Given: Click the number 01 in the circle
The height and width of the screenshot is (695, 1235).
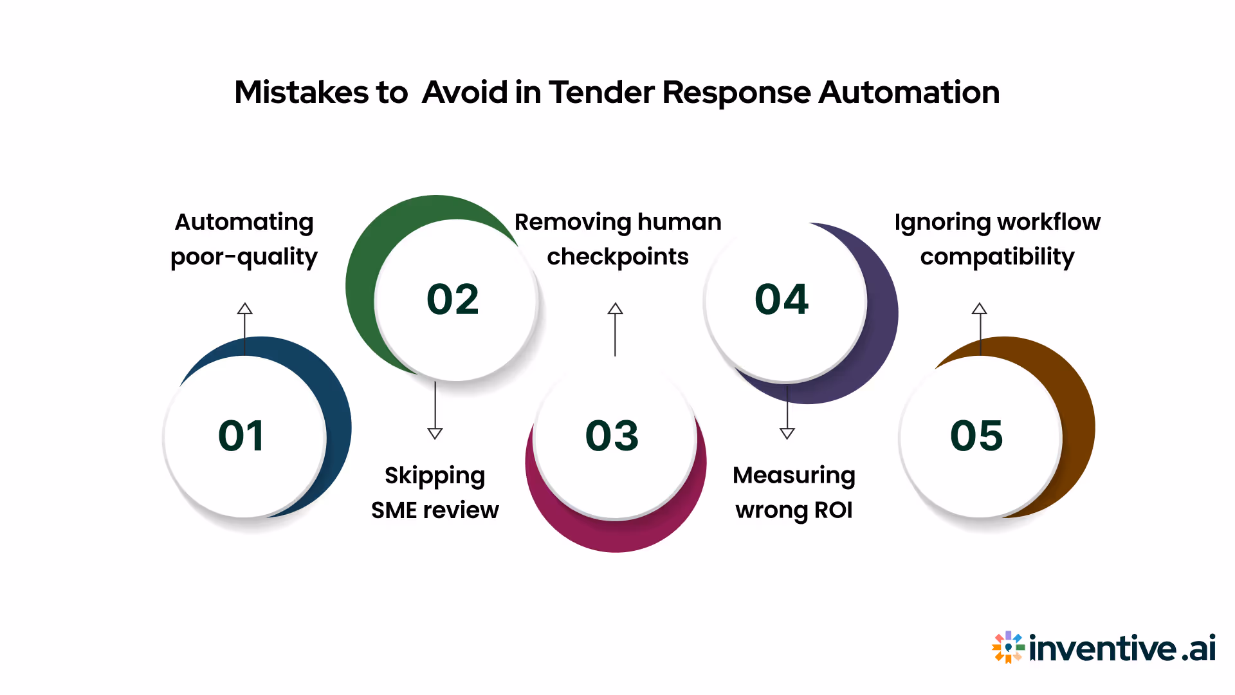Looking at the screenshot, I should [x=241, y=436].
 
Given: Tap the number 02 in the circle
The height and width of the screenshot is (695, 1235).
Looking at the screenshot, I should [x=453, y=299].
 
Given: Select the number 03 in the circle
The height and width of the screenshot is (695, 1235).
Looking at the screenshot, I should [x=612, y=436].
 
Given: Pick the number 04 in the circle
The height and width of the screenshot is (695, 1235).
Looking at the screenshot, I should [x=782, y=299].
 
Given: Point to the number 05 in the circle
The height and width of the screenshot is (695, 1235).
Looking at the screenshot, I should [x=976, y=436].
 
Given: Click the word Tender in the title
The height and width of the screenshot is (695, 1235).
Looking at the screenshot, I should [x=601, y=92].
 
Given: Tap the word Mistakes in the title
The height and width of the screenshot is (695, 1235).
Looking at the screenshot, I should [x=301, y=92].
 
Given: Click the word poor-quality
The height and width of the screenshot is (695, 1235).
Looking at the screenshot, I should [x=244, y=257].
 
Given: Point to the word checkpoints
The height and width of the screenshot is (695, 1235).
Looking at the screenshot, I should [x=617, y=257].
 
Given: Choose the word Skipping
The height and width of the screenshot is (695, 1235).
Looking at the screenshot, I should [x=435, y=476].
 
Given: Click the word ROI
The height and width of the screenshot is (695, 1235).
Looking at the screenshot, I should [x=833, y=510].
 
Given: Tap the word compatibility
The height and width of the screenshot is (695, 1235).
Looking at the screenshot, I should [x=997, y=257].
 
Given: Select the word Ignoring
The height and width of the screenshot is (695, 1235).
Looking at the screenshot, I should [x=935, y=222].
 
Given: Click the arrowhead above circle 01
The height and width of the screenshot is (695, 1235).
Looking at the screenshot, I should [x=244, y=308].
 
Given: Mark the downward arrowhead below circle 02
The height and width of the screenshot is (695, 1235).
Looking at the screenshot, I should [x=435, y=433].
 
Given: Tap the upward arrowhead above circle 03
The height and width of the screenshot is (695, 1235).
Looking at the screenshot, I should [x=615, y=308].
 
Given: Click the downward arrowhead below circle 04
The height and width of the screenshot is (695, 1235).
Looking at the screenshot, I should [x=787, y=433].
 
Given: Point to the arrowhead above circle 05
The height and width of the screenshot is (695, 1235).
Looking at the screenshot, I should [x=979, y=308].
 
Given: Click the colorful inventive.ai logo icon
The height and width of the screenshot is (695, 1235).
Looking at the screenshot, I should [x=1007, y=647].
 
